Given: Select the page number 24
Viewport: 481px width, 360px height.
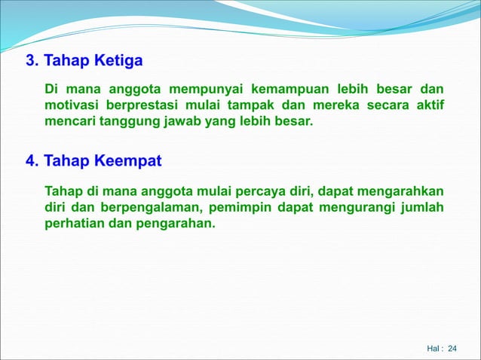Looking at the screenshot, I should [452, 348].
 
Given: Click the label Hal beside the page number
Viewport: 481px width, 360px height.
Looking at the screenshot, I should [434, 348].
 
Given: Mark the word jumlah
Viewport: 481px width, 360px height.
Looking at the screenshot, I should [421, 206].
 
